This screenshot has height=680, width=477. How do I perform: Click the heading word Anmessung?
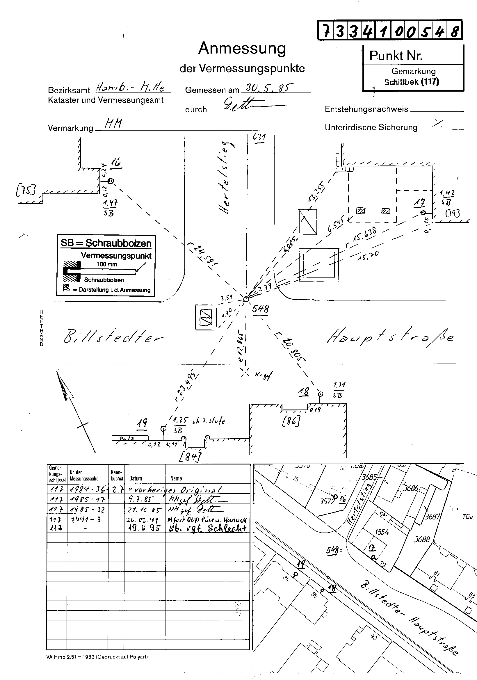(242, 48)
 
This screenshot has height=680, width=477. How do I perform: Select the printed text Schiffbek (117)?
(411, 82)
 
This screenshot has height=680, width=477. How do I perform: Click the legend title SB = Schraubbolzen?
(106, 243)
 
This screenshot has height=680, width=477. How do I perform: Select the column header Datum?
(136, 478)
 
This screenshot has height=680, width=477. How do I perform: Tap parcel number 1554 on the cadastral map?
(382, 532)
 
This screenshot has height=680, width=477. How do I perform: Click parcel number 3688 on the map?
(422, 539)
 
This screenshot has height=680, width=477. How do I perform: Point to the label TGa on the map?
(467, 517)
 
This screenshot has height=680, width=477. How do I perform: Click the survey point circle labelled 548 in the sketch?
(246, 299)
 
